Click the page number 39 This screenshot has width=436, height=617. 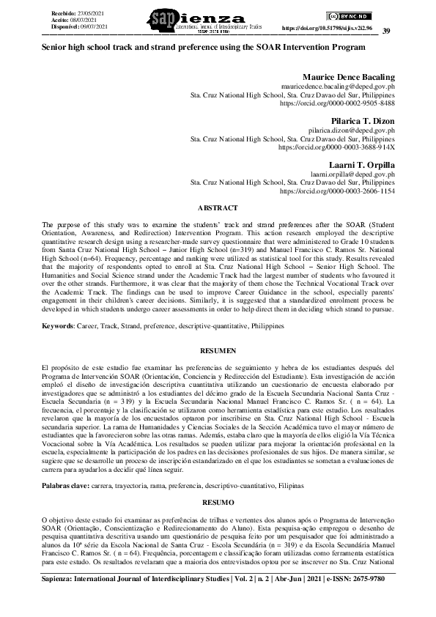386,30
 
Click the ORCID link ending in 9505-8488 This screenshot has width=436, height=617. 337,104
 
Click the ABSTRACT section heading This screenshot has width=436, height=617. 218,208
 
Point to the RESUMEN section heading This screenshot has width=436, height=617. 218,351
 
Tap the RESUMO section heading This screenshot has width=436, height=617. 218,502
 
